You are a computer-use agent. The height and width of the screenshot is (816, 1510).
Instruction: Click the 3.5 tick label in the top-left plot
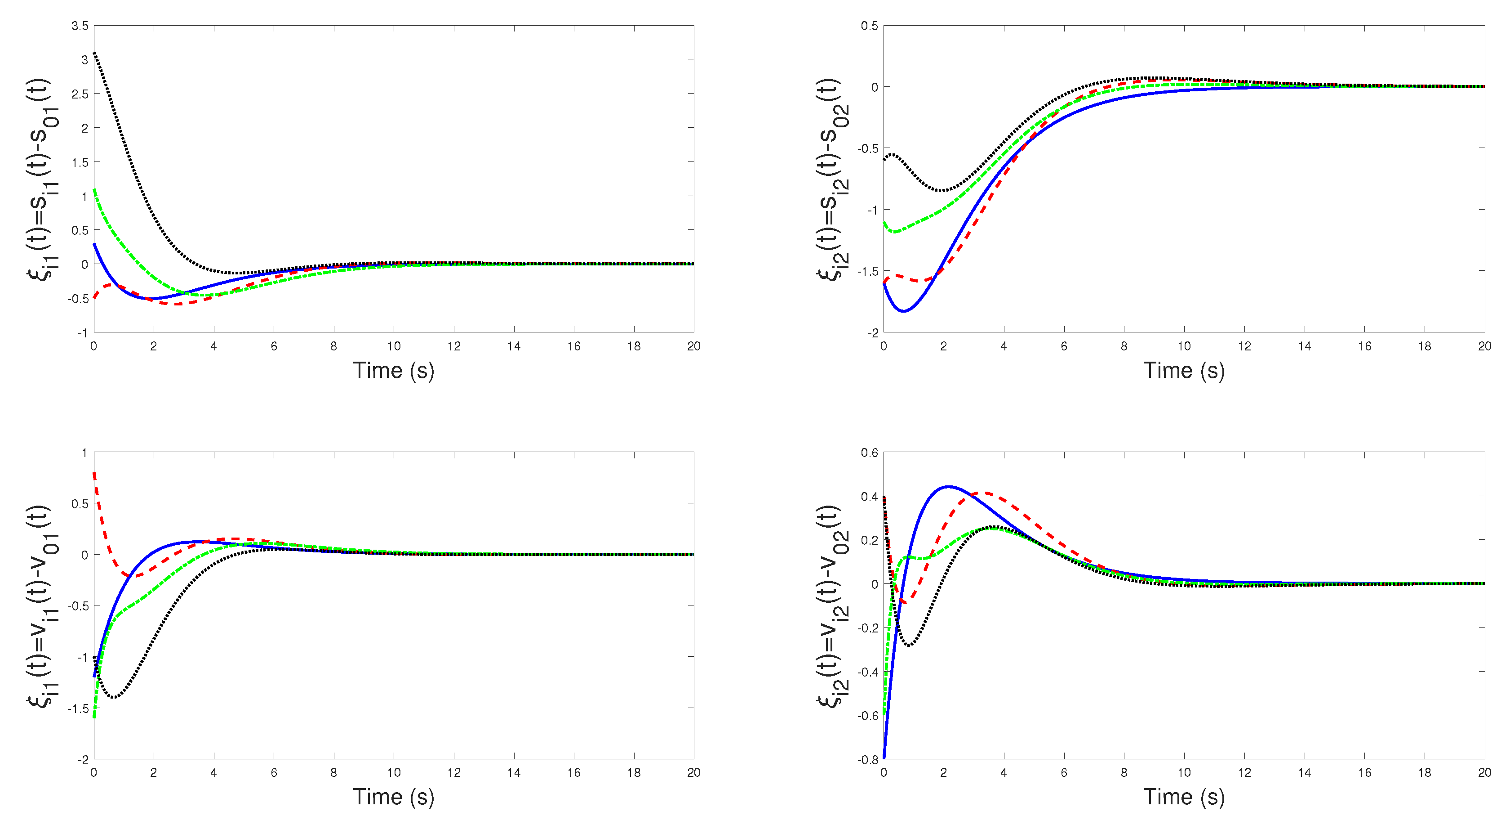point(80,26)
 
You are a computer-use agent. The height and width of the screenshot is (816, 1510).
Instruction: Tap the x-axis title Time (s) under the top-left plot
point(393,371)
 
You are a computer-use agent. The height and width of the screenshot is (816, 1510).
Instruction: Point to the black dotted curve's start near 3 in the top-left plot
point(95,54)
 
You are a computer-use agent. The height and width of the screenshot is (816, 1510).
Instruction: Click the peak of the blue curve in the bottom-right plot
point(948,486)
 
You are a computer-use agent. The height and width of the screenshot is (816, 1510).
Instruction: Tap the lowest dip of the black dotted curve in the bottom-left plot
point(113,698)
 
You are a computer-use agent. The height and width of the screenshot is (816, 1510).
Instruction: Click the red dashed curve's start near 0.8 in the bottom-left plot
point(95,473)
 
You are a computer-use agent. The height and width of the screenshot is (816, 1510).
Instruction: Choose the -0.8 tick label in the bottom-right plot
point(869,760)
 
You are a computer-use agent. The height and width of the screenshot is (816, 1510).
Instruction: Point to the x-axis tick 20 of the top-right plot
point(1484,346)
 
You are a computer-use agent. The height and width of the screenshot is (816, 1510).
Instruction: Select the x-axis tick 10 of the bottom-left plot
point(393,772)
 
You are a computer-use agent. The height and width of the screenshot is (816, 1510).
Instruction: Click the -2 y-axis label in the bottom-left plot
point(83,760)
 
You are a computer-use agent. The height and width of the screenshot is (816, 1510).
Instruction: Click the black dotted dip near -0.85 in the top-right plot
point(942,191)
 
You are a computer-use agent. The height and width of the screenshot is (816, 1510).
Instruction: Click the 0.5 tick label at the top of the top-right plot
point(869,26)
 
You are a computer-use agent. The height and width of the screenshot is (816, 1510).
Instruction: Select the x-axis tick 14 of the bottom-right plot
point(1304,772)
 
